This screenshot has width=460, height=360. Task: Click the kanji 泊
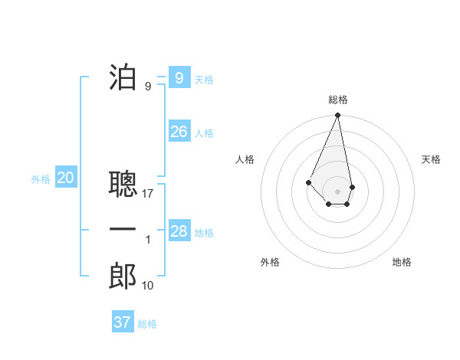point(123,77)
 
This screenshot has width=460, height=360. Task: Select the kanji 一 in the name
point(123,230)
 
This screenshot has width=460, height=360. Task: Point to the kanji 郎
point(123,277)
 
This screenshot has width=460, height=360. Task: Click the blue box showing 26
point(179,132)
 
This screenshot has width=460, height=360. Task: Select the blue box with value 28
point(179,231)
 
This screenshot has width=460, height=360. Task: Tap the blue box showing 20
point(66,178)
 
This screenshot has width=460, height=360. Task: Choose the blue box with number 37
point(123,322)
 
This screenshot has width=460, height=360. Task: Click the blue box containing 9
point(179,77)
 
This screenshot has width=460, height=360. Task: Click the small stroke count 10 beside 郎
point(148,286)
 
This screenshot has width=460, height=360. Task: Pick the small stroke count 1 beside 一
point(148,240)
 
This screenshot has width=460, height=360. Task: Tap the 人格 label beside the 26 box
point(204,133)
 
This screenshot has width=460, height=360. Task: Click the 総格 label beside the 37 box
point(147,324)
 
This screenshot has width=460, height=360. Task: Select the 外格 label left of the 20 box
point(41,180)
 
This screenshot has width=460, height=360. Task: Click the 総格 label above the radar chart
point(338,100)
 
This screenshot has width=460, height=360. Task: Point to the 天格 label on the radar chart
point(432,159)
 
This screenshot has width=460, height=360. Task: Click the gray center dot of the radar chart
point(338,191)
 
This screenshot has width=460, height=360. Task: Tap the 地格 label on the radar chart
point(402,262)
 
